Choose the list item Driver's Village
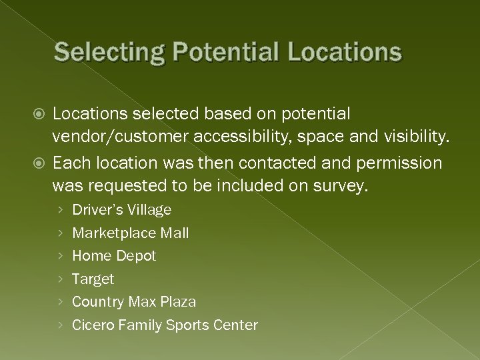121,210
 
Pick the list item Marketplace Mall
130,233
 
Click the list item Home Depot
114,256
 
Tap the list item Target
93,279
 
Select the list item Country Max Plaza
134,302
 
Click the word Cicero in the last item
93,325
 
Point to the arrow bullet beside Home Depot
61,257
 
